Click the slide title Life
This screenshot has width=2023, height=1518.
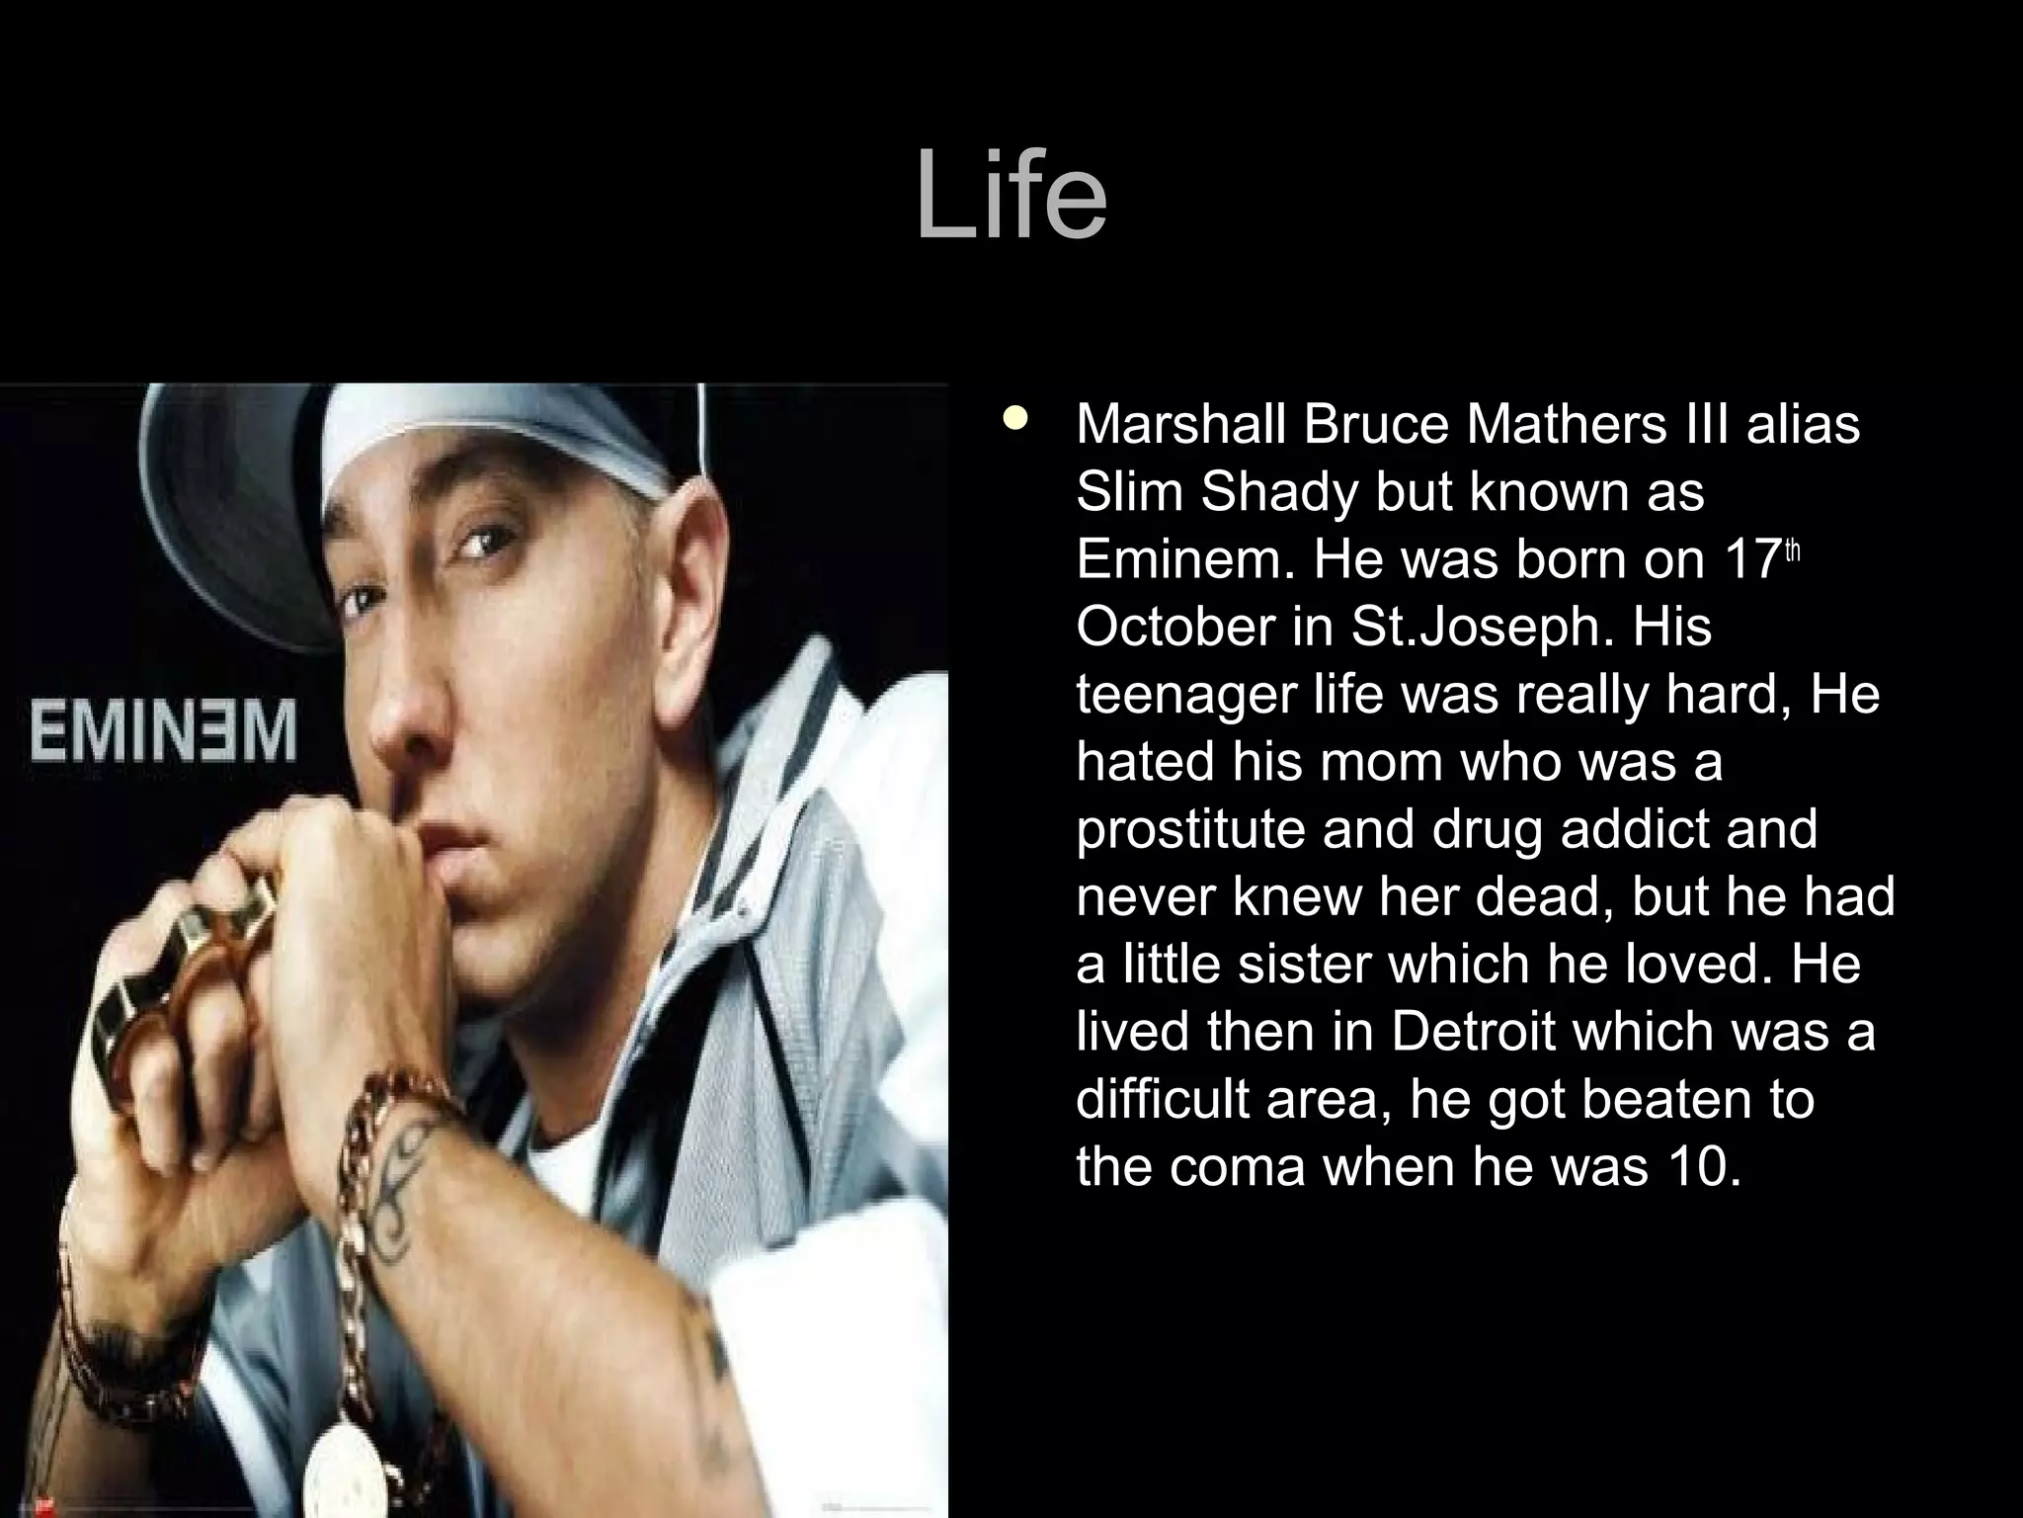pos(1011,196)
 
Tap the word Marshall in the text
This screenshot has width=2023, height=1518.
pos(1180,424)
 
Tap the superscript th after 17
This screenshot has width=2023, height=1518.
pos(1793,551)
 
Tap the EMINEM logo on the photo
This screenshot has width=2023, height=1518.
pos(163,731)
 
